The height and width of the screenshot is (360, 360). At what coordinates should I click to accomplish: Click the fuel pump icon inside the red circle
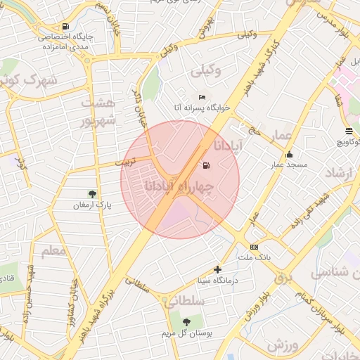point(206,166)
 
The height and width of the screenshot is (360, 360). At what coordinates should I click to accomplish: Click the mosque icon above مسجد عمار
point(289,155)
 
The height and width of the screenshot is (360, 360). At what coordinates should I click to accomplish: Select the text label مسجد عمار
point(287,165)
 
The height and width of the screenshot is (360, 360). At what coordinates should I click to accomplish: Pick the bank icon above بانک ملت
point(254,247)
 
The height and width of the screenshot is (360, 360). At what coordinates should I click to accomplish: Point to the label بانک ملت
point(255,258)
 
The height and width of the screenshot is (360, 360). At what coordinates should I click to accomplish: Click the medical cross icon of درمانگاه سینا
point(217,269)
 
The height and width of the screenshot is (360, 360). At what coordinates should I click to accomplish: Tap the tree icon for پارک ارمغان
point(92,193)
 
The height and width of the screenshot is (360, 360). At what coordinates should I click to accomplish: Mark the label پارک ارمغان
point(92,205)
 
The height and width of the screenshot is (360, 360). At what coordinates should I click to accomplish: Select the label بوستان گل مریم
point(186,333)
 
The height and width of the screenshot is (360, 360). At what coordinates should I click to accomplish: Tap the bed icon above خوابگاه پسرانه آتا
point(202,97)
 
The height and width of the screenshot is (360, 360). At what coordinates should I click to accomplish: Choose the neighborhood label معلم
point(53,250)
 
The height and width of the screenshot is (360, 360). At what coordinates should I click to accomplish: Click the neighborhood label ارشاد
point(341,172)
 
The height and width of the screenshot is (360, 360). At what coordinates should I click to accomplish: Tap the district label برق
point(283,278)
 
